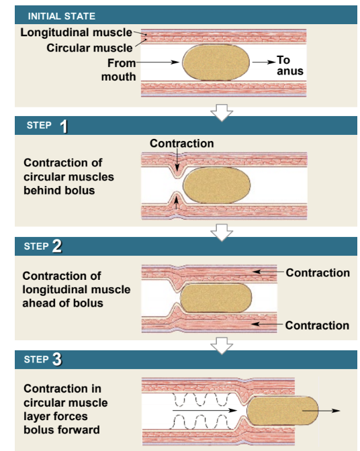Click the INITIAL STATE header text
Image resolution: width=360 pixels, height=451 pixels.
click(62, 15)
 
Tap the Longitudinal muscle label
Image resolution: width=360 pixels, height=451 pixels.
click(76, 33)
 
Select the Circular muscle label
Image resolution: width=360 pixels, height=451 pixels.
click(89, 48)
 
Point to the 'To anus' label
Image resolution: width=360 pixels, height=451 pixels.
click(289, 65)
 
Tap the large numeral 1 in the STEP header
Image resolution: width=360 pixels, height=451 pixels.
click(64, 126)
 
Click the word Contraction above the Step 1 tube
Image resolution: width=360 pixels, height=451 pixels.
click(181, 144)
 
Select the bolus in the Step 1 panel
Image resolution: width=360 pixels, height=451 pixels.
click(217, 185)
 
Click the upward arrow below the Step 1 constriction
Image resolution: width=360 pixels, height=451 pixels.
click(177, 204)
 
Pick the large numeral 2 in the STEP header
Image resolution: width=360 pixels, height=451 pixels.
click(57, 246)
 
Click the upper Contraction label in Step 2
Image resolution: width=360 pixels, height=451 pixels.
click(317, 272)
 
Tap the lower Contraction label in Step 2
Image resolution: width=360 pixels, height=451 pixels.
click(317, 325)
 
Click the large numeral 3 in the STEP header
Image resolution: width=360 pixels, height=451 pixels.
click(57, 360)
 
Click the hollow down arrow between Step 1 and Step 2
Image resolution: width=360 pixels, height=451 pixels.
click(222, 232)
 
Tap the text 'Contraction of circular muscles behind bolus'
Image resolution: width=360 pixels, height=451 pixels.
click(69, 177)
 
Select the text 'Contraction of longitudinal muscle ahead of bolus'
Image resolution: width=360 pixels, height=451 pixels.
click(77, 289)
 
